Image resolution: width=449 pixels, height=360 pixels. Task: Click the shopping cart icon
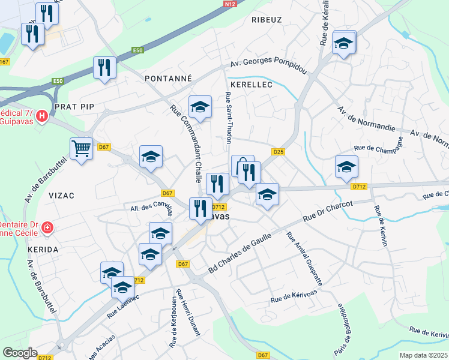tap(81, 148)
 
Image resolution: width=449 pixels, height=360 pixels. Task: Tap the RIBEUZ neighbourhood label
tap(267, 19)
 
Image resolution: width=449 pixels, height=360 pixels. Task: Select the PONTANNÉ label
tap(168, 78)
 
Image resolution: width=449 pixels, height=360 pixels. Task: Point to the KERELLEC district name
tap(252, 85)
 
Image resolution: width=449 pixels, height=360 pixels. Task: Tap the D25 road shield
tap(278, 152)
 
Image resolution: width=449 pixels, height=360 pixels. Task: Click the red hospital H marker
tap(42, 116)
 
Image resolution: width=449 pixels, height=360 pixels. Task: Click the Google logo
tap(20, 353)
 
